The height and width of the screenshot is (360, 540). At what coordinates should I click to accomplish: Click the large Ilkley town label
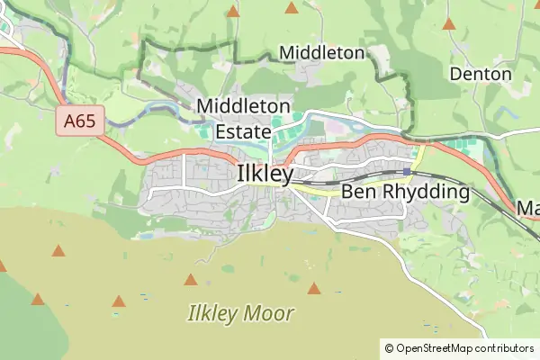pos(265,174)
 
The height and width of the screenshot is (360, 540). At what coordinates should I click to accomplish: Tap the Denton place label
pos(481,74)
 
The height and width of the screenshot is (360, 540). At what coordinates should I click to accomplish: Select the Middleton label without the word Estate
pos(322,53)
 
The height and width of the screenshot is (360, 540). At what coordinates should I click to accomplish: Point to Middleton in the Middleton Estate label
pos(243,106)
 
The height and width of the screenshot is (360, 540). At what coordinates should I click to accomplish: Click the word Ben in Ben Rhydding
pos(358,192)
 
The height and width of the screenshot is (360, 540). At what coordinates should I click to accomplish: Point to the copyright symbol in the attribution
pos(389,347)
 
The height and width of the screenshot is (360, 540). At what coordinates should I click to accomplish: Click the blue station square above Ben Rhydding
pos(407,171)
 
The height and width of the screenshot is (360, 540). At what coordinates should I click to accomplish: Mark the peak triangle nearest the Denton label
pos(448,23)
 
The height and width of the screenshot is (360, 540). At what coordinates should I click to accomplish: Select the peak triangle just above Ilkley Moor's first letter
pos(192,279)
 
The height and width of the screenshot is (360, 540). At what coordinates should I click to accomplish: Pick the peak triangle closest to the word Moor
pos(313,289)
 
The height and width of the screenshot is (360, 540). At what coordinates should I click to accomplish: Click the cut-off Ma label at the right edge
pos(527,209)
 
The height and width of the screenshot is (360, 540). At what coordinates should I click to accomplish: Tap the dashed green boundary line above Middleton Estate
pos(189,42)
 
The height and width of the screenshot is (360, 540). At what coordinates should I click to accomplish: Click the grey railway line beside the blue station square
pos(432,174)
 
